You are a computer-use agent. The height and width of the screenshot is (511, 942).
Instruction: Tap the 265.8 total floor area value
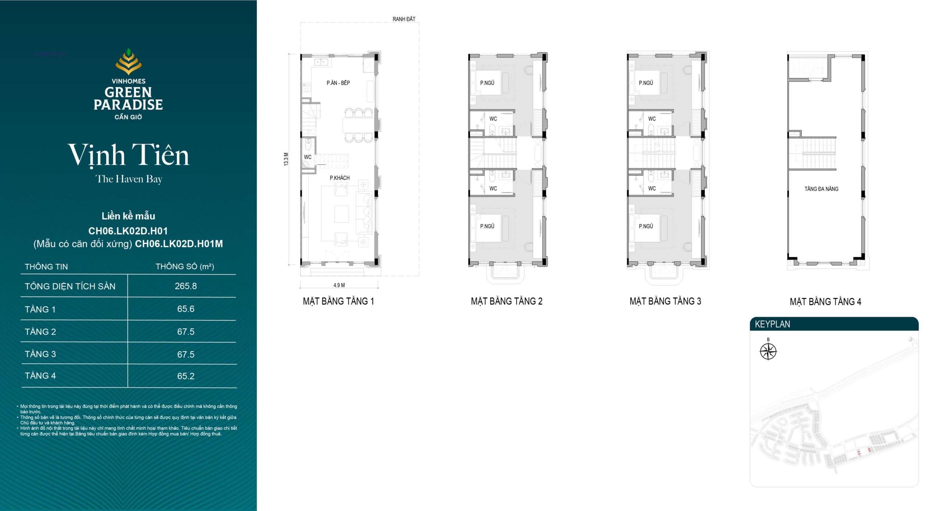point(186,286)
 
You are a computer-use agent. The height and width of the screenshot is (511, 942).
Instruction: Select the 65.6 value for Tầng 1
point(186,309)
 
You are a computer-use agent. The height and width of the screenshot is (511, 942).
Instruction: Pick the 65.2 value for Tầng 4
point(186,376)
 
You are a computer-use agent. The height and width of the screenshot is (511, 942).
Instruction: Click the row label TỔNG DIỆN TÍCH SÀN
point(70,286)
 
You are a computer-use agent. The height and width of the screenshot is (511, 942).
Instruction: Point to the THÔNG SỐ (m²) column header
point(185,267)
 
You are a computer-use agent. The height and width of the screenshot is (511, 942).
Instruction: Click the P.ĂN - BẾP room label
point(338,83)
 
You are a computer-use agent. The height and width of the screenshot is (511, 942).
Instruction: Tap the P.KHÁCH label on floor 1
point(340,178)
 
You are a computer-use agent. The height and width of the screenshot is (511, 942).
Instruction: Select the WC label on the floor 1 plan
point(308,157)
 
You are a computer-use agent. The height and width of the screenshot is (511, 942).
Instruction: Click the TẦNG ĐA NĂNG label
point(821,189)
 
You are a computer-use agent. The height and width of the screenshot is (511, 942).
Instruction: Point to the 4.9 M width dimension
point(339,285)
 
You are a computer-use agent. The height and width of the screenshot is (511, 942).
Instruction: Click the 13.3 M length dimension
point(286,159)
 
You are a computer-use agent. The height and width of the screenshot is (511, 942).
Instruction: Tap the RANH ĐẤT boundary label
point(404,19)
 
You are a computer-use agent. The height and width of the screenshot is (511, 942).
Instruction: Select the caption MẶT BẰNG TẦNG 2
point(507,301)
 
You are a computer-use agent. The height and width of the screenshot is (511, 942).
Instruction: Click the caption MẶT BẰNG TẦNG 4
point(825,302)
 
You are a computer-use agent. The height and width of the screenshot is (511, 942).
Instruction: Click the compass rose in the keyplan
point(768,351)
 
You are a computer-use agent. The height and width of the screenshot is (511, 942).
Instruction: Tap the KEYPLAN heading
point(772,324)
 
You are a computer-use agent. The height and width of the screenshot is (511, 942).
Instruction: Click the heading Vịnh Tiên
point(128,155)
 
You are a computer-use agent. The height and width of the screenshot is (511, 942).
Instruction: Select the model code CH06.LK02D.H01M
point(179,244)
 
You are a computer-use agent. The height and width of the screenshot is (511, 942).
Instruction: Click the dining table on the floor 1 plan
point(358,125)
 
